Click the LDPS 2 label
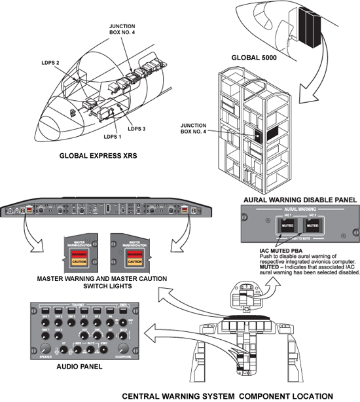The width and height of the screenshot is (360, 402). (x=50, y=63)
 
